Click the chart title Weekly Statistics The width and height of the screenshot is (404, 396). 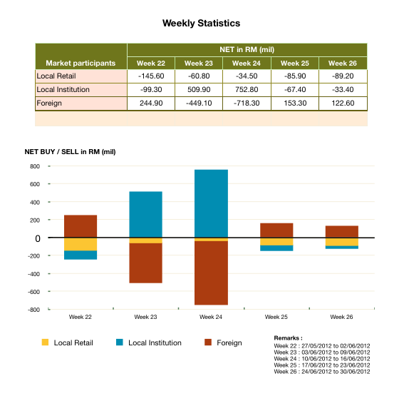click(x=202, y=24)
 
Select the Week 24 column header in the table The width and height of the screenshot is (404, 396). click(x=247, y=63)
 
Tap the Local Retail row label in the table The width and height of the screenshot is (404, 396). click(x=56, y=76)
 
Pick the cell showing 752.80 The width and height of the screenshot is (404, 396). click(x=247, y=89)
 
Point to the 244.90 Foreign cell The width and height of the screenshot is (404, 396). click(x=150, y=103)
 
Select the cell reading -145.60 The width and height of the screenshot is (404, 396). click(x=150, y=76)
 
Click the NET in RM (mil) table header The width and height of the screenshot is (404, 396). click(x=247, y=49)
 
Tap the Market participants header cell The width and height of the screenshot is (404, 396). click(x=81, y=63)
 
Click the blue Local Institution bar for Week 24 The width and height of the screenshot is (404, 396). click(x=211, y=203)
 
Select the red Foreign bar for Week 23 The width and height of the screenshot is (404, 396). click(x=145, y=263)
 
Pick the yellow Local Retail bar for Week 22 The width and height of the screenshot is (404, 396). click(x=81, y=244)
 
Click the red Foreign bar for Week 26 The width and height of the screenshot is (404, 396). click(x=341, y=231)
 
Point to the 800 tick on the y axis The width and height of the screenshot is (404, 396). click(x=33, y=166)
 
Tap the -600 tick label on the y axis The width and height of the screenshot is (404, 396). click(x=33, y=292)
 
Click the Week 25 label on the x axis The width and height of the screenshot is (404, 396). click(x=276, y=316)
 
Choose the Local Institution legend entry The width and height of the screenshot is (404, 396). click(x=155, y=342)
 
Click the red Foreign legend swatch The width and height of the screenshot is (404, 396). click(x=209, y=342)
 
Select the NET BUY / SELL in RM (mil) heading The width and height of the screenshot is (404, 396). click(x=70, y=151)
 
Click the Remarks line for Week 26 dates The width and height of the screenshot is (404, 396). click(x=321, y=372)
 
